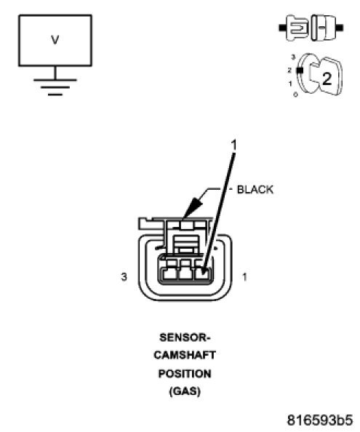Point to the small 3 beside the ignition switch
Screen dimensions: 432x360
point(292,57)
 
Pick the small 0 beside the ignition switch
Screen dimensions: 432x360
point(295,95)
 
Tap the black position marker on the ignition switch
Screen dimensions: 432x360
point(299,70)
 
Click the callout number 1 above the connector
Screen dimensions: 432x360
point(234,146)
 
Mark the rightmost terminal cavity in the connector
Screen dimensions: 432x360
point(203,274)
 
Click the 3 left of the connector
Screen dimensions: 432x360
point(124,276)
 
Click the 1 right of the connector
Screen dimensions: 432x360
point(244,276)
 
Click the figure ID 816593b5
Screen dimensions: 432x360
point(319,420)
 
